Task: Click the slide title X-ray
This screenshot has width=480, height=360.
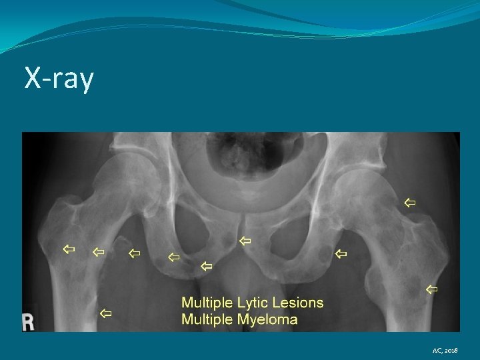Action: (59, 79)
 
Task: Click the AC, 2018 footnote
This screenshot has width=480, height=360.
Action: (445, 350)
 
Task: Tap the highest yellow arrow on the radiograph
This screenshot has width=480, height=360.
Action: (409, 201)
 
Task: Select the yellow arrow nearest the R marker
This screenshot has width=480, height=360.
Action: (105, 313)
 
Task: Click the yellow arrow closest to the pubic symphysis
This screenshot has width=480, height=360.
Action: (245, 240)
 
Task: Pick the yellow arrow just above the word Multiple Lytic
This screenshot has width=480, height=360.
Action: (206, 266)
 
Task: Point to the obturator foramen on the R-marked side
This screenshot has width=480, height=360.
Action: (197, 230)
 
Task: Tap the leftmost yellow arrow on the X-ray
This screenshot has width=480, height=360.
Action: (68, 249)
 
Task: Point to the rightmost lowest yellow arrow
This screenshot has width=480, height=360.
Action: (431, 289)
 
